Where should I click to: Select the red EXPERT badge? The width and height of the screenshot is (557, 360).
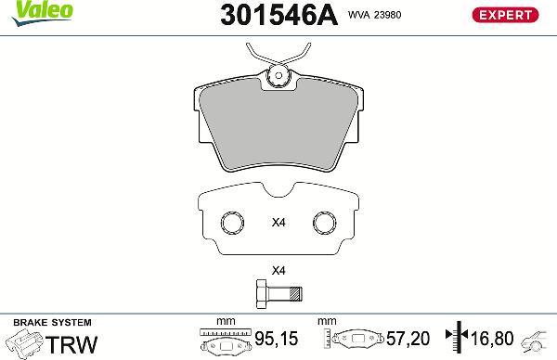(506, 15)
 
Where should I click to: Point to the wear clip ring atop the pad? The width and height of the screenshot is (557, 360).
(277, 78)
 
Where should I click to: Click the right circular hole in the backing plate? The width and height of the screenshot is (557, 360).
(325, 224)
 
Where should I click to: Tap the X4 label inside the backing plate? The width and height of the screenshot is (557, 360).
(277, 223)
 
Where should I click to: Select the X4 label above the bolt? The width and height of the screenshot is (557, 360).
(277, 271)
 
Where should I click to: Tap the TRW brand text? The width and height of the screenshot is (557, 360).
(71, 344)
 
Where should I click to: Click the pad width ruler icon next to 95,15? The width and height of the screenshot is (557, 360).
(224, 341)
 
